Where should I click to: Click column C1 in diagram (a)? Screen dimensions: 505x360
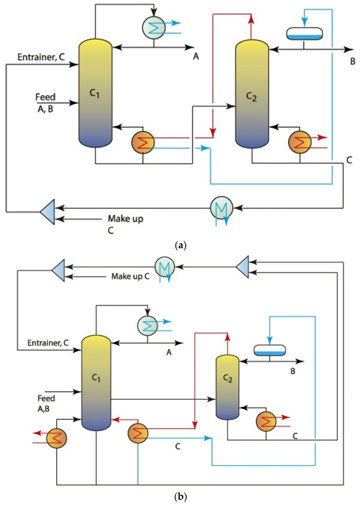(x=96, y=92)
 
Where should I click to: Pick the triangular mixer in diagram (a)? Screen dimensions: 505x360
(x=46, y=210)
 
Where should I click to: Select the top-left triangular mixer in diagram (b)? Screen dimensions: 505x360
(x=57, y=268)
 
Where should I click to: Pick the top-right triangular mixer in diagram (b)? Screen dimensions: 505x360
(x=242, y=266)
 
